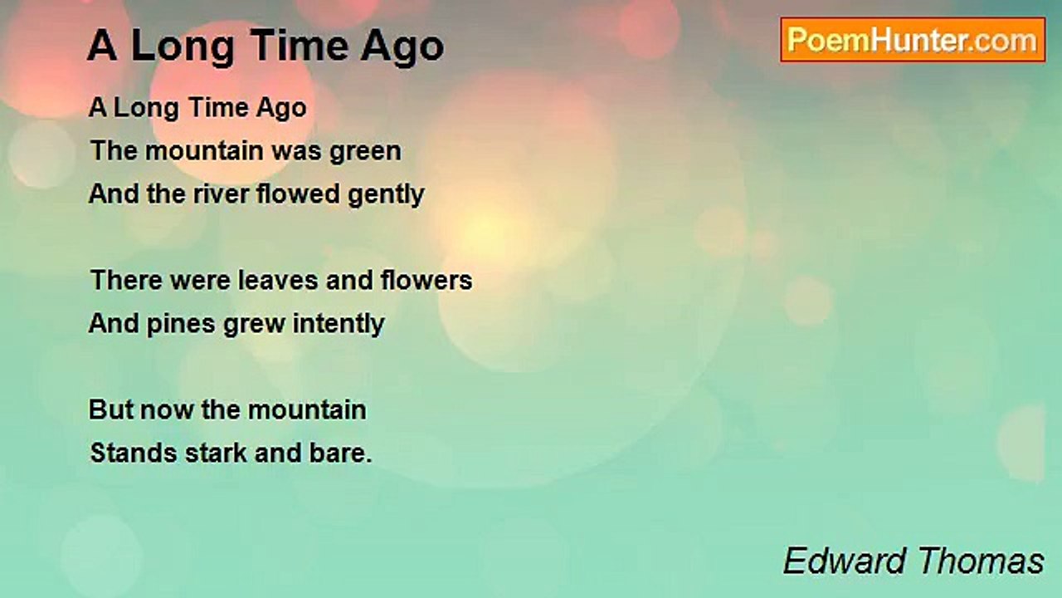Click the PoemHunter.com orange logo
913,40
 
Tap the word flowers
426,280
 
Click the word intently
339,324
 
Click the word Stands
134,453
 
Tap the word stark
217,453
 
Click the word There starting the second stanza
127,280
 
